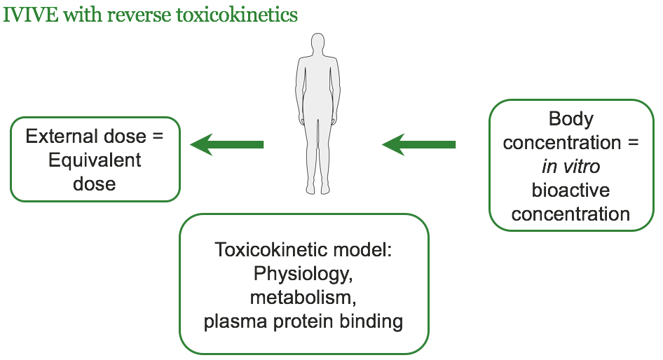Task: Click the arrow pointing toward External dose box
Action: [227, 145]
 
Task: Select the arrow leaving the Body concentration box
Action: [418, 145]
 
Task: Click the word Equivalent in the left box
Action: [95, 160]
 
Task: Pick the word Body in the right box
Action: [570, 119]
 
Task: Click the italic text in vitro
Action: [570, 167]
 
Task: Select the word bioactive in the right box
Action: [570, 191]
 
